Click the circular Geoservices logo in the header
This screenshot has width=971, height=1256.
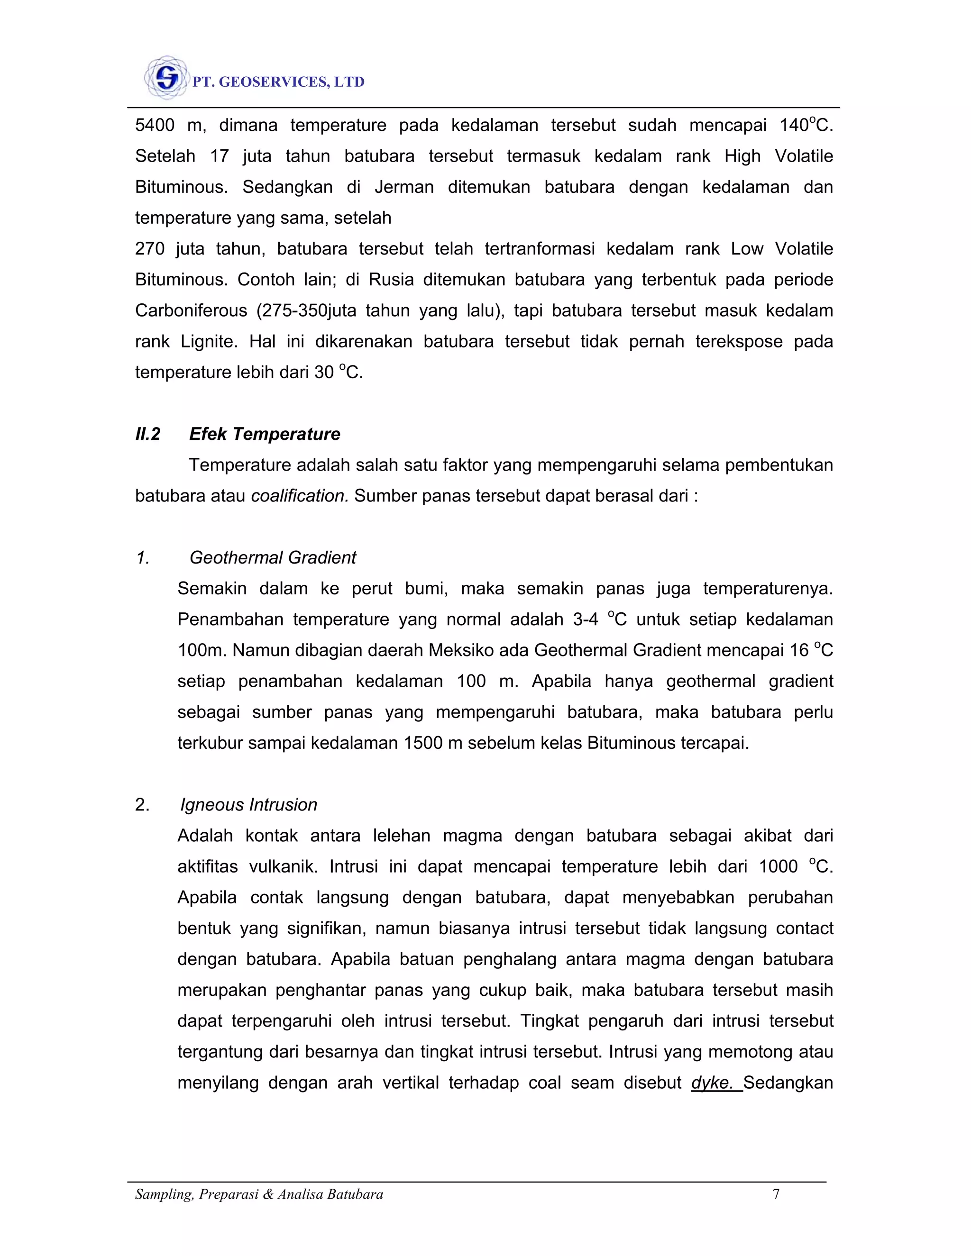click(166, 77)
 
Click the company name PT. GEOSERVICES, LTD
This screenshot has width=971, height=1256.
click(278, 82)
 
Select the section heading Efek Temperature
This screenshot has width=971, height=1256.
click(265, 434)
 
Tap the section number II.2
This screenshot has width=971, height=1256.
click(148, 434)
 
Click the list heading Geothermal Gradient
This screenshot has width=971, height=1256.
click(273, 557)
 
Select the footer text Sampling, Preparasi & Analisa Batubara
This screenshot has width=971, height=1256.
click(259, 1194)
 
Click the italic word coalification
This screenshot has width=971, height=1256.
click(300, 496)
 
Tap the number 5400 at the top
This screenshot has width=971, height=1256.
click(155, 126)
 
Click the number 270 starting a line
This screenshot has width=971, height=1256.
click(149, 249)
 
